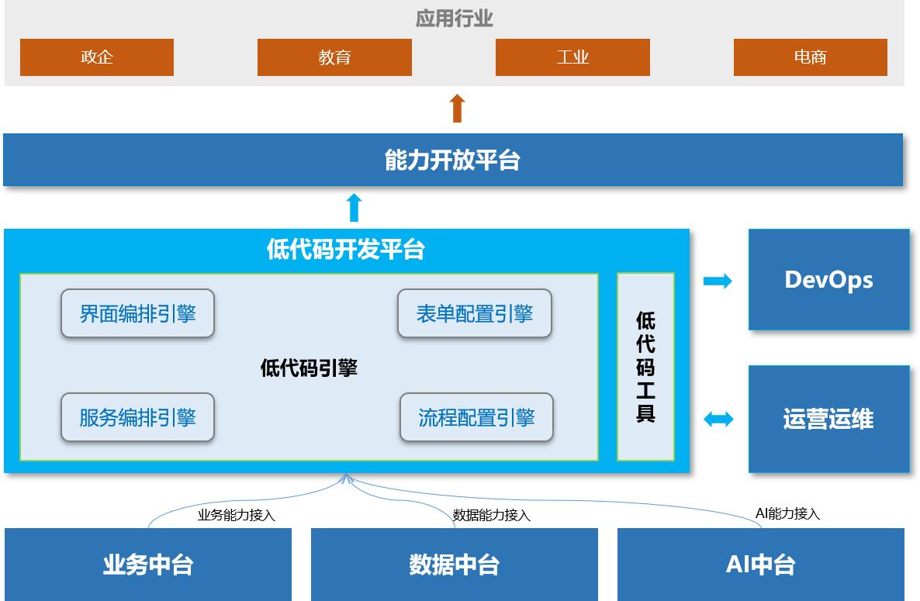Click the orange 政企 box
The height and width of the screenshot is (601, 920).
point(97,57)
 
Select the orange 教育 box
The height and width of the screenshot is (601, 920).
point(334,57)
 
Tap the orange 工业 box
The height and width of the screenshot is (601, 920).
point(572,57)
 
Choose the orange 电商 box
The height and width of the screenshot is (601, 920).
point(810,57)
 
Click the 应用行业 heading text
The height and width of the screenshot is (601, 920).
point(454,19)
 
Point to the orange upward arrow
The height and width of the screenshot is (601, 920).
point(457,109)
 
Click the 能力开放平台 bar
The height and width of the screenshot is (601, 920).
point(453,161)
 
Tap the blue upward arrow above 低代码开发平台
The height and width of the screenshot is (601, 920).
point(354,208)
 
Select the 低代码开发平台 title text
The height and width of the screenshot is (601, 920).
point(346,250)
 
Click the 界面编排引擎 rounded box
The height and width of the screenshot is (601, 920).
point(137,314)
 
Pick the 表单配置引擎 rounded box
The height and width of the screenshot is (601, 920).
point(474,314)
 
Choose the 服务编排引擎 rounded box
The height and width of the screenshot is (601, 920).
point(137,418)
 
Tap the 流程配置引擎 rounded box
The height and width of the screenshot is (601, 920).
point(476,418)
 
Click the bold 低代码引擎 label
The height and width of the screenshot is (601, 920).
point(309,368)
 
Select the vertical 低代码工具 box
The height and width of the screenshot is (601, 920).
point(645,367)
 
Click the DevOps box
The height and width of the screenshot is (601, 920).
point(828,280)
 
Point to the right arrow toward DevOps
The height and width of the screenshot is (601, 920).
point(718,281)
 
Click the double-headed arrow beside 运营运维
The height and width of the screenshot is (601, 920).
point(718,420)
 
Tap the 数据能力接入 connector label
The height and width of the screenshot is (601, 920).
point(492,515)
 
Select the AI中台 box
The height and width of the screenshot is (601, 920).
point(760,565)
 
